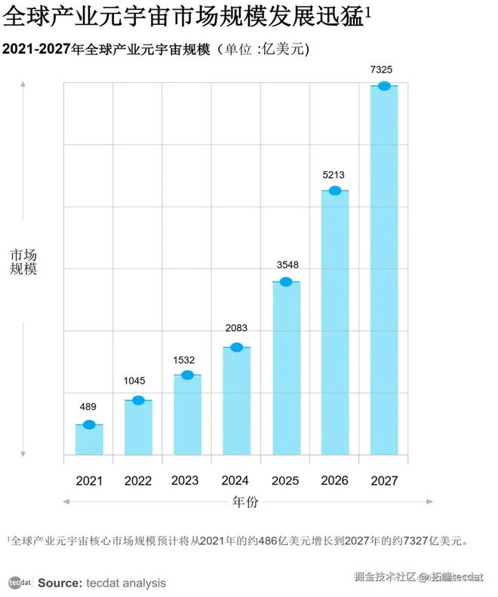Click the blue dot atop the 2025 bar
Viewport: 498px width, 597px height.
click(x=285, y=282)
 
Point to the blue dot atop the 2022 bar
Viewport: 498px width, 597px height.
click(x=138, y=400)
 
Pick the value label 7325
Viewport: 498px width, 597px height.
click(x=382, y=70)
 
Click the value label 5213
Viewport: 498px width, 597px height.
click(x=334, y=175)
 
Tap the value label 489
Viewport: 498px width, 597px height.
click(x=88, y=407)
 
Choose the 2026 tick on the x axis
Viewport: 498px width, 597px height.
click(x=334, y=480)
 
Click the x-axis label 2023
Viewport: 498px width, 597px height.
click(x=186, y=480)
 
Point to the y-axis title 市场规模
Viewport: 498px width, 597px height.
click(x=23, y=262)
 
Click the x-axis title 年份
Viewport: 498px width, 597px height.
click(x=247, y=501)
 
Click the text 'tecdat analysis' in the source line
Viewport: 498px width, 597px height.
click(x=125, y=583)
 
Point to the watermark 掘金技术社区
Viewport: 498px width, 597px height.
click(x=385, y=577)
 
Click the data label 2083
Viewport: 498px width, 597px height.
click(x=235, y=328)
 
